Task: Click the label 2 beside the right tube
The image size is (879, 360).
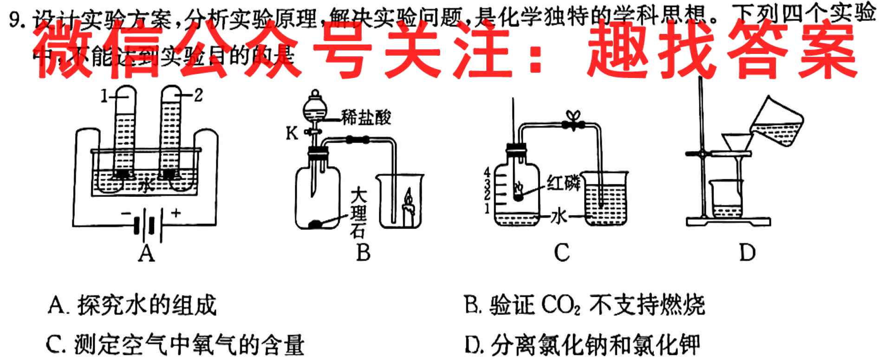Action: click(198, 96)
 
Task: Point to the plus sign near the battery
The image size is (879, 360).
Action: click(176, 213)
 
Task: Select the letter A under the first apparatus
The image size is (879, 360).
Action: click(147, 253)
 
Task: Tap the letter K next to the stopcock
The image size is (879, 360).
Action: click(292, 134)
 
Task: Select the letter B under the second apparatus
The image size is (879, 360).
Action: click(363, 253)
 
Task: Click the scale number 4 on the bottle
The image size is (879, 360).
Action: click(487, 171)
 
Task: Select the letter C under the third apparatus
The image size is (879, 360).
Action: click(562, 253)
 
